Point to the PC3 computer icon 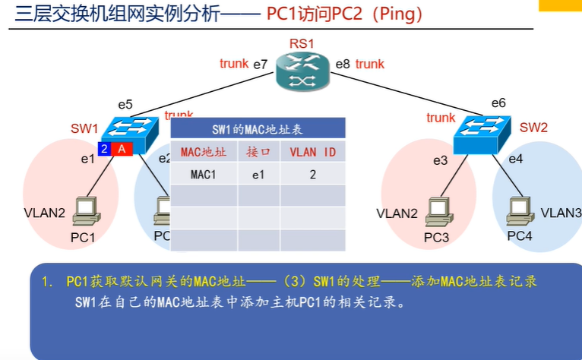[438, 212]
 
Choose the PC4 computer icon [520, 210]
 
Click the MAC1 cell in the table [204, 174]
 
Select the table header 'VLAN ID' [313, 152]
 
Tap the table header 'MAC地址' [204, 152]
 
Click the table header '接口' [259, 152]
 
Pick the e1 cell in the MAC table [259, 174]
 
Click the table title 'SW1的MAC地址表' [258, 129]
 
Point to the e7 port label [261, 65]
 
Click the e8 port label [343, 65]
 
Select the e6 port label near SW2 [498, 103]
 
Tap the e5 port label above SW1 [125, 104]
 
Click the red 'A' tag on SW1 [122, 148]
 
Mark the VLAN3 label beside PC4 [561, 212]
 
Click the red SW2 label [533, 127]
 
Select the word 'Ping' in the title [394, 14]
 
